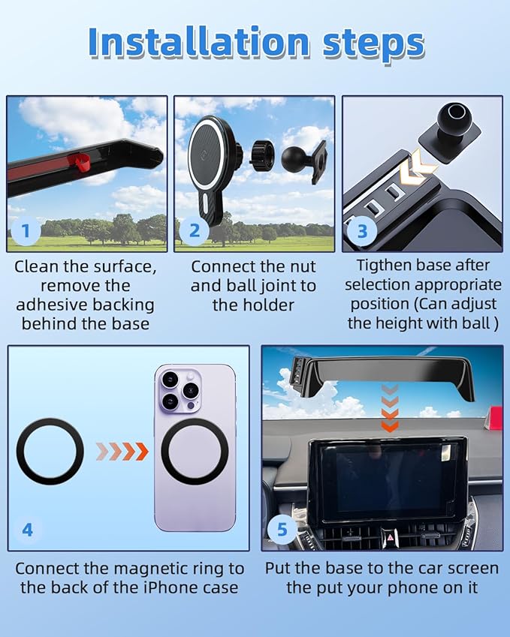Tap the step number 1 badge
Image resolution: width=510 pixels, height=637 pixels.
[26, 231]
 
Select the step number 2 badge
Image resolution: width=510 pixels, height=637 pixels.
[194, 231]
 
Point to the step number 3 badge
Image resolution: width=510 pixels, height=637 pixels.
[362, 231]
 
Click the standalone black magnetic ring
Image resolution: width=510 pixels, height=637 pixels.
[50, 452]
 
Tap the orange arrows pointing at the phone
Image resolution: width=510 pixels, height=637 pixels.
[122, 452]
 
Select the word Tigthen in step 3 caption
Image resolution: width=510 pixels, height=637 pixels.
[387, 265]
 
